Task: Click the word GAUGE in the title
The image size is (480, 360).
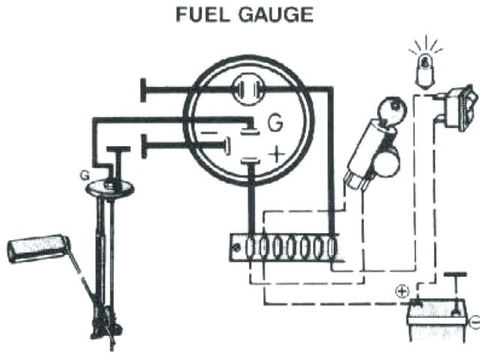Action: coord(275,15)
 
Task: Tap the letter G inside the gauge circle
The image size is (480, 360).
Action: coord(276,121)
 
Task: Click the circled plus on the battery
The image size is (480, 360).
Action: coord(402,290)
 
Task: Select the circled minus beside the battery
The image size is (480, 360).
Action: coord(474,323)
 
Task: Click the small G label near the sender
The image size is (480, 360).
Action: coord(85,174)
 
